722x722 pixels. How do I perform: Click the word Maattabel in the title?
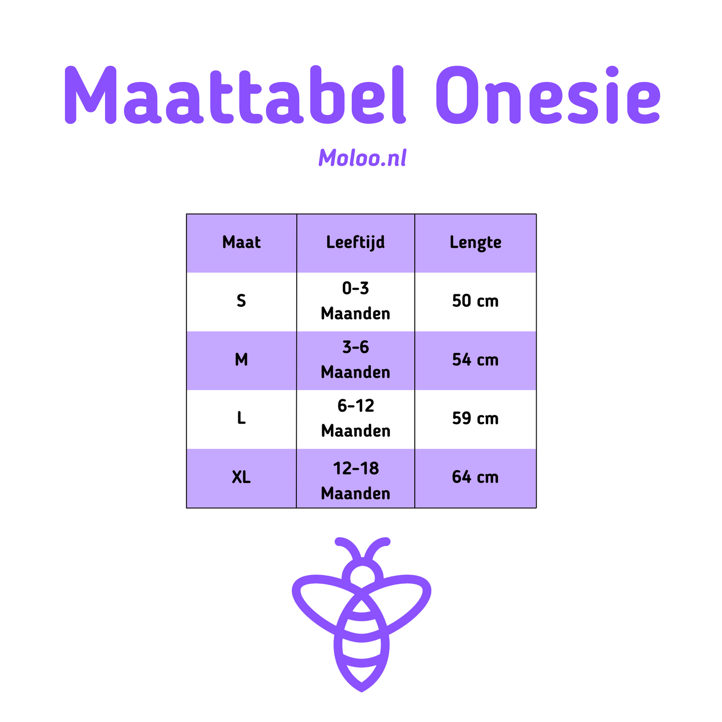(x=235, y=94)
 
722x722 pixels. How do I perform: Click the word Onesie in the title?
(x=548, y=94)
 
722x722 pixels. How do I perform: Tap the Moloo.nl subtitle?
(x=362, y=158)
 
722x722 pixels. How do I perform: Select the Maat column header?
(x=241, y=242)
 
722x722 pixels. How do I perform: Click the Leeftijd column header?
(x=355, y=243)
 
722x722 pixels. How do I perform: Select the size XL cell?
(x=241, y=477)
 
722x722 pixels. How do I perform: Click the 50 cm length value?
(x=475, y=301)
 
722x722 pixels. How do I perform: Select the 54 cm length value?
(x=475, y=360)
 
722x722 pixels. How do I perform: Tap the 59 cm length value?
(x=475, y=418)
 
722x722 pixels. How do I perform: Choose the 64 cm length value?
(x=475, y=477)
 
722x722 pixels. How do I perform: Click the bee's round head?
(x=362, y=575)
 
